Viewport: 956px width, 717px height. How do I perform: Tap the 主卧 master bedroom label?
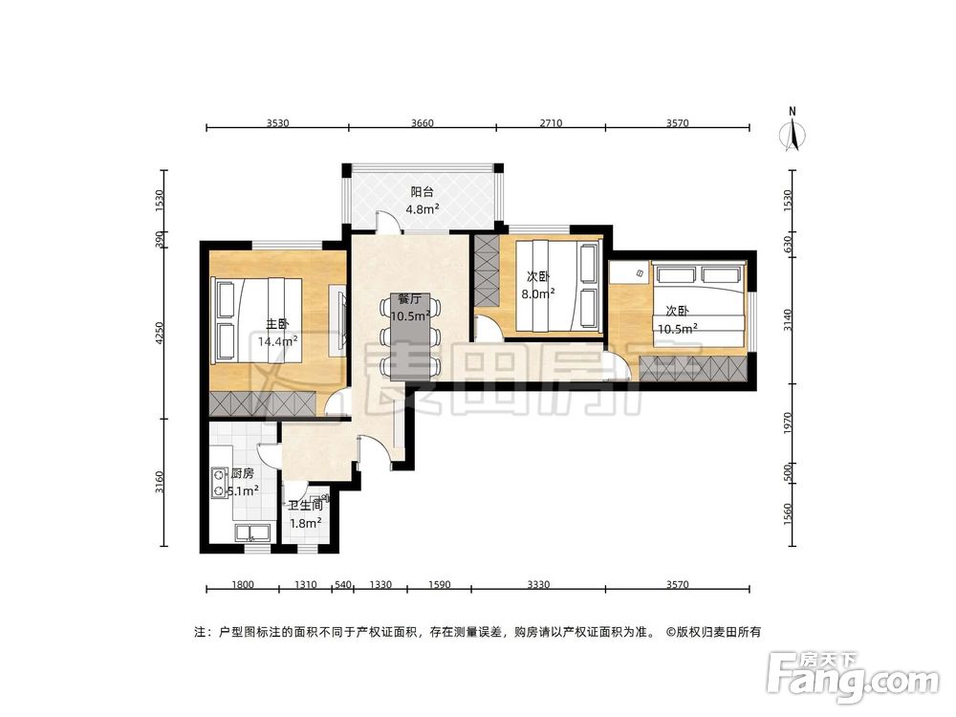[x=277, y=324]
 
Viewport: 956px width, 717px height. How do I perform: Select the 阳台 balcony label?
[x=422, y=192]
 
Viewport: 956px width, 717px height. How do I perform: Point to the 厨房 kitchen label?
[x=243, y=473]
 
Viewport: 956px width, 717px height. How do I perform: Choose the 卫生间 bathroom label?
[x=306, y=506]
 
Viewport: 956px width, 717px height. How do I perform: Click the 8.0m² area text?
[x=537, y=293]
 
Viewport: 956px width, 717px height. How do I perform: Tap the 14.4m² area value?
[x=277, y=341]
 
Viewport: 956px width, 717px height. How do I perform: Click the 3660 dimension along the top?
[x=422, y=123]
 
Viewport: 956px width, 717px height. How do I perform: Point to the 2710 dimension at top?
[x=551, y=123]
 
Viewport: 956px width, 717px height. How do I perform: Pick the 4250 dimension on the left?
[x=160, y=334]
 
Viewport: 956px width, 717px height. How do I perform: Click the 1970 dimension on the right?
[x=787, y=424]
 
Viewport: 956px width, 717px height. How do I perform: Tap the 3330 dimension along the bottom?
[x=538, y=585]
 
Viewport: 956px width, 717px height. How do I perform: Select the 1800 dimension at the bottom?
[x=243, y=585]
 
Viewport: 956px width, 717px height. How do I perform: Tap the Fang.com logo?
[x=853, y=677]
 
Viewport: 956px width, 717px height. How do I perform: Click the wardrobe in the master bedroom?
[x=263, y=404]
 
